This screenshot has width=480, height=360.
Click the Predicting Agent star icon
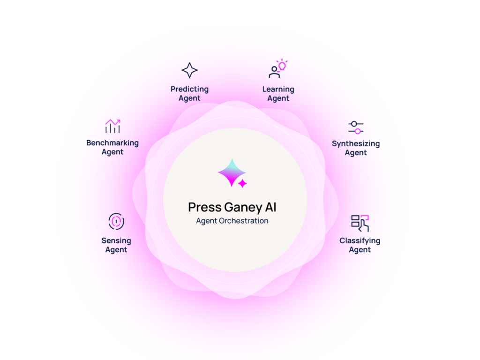pos(189,70)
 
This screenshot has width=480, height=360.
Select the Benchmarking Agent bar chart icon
pos(112,126)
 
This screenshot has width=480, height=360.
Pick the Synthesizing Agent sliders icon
pos(356,127)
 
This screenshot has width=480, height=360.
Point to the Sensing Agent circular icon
pos(116,221)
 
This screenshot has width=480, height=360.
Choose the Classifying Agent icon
pos(360,223)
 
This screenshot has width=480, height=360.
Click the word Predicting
pos(189,89)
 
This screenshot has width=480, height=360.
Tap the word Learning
pos(278,89)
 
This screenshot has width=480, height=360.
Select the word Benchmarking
pos(112,142)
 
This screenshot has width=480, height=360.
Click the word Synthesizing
pos(356,143)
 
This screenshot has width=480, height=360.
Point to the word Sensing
pos(116,240)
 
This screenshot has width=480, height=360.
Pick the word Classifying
pos(360,240)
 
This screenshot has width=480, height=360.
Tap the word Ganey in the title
pos(245,207)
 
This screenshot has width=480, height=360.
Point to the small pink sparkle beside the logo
pos(242,183)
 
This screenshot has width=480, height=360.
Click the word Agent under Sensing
pos(116,250)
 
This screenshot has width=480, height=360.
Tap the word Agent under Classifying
pos(360,250)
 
